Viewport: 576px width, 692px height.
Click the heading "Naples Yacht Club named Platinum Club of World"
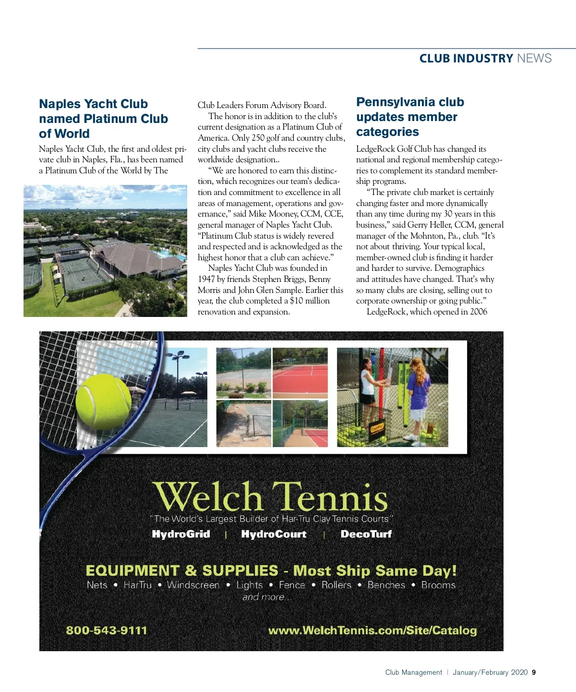pyautogui.click(x=103, y=119)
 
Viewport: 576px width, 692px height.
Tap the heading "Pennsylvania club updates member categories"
pyautogui.click(x=410, y=117)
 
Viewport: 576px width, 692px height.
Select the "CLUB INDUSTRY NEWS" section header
pyautogui.click(x=485, y=59)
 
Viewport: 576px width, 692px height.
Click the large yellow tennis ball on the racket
pyautogui.click(x=103, y=401)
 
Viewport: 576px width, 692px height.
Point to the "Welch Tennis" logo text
pyautogui.click(x=270, y=497)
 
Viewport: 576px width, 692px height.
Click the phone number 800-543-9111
pyautogui.click(x=107, y=630)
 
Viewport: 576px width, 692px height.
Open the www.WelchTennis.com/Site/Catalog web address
pyautogui.click(x=372, y=630)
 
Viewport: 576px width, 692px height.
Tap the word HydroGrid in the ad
pyautogui.click(x=181, y=534)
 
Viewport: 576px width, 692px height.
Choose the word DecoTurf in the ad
pyautogui.click(x=366, y=534)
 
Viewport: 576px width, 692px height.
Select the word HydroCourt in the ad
pyautogui.click(x=274, y=534)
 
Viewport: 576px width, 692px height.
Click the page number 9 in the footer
pyautogui.click(x=534, y=672)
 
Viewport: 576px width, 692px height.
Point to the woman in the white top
pyautogui.click(x=369, y=384)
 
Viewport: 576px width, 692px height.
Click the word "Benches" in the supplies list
pyautogui.click(x=386, y=585)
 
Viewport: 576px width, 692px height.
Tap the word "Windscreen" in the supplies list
pyautogui.click(x=193, y=585)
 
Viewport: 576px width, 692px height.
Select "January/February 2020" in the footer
pyautogui.click(x=490, y=672)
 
